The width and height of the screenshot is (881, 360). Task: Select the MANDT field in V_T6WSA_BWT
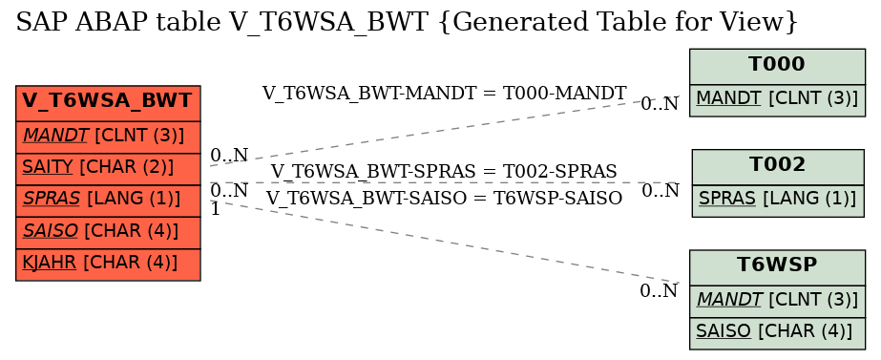point(108,136)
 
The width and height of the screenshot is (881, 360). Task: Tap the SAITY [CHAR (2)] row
point(108,167)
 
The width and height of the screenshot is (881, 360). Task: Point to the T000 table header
point(777,65)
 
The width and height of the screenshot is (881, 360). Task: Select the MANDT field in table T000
point(777,99)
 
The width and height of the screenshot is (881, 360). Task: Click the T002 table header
point(777,165)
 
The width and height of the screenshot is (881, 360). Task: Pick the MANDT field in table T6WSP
point(777,299)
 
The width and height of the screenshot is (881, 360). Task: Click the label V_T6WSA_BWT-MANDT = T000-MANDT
point(444,93)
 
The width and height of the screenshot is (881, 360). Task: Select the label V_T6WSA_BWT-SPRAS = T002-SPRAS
point(444,171)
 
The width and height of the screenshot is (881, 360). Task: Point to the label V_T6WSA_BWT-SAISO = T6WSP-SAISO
point(444,198)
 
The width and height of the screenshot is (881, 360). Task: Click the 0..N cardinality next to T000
point(660,104)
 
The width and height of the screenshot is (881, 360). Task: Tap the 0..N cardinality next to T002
point(660,191)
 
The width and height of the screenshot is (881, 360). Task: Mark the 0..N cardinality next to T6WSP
point(659,291)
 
